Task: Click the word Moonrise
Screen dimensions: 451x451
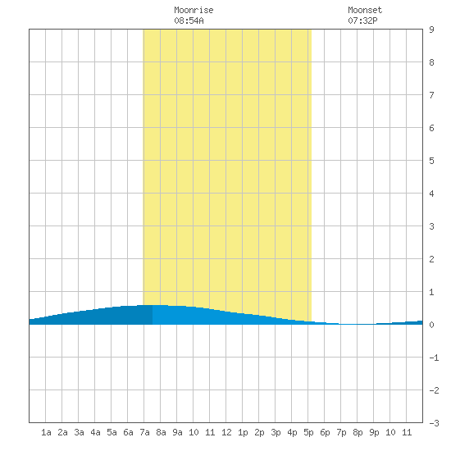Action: (194, 10)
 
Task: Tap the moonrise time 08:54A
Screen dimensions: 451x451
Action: (189, 20)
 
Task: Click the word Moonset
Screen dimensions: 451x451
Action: (365, 10)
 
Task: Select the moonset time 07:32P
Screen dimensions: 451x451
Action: (362, 20)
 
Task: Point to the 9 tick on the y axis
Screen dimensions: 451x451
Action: (431, 30)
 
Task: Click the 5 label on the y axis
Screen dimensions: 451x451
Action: (431, 161)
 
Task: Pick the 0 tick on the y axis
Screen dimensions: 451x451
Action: (431, 325)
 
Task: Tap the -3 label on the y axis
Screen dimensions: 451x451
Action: (434, 423)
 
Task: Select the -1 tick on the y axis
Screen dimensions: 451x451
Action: (434, 358)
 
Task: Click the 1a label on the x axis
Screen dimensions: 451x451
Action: (46, 432)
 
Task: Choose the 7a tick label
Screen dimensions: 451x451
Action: (144, 432)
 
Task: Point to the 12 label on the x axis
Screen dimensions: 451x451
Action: (226, 432)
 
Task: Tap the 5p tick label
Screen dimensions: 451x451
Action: (308, 432)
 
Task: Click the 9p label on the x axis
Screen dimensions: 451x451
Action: (374, 432)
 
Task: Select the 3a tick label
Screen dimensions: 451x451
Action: (79, 432)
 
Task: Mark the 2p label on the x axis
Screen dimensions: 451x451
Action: (259, 432)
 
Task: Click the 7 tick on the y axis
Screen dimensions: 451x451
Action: (431, 95)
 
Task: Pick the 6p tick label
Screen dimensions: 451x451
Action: (325, 432)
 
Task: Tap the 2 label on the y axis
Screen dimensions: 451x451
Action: (431, 259)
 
